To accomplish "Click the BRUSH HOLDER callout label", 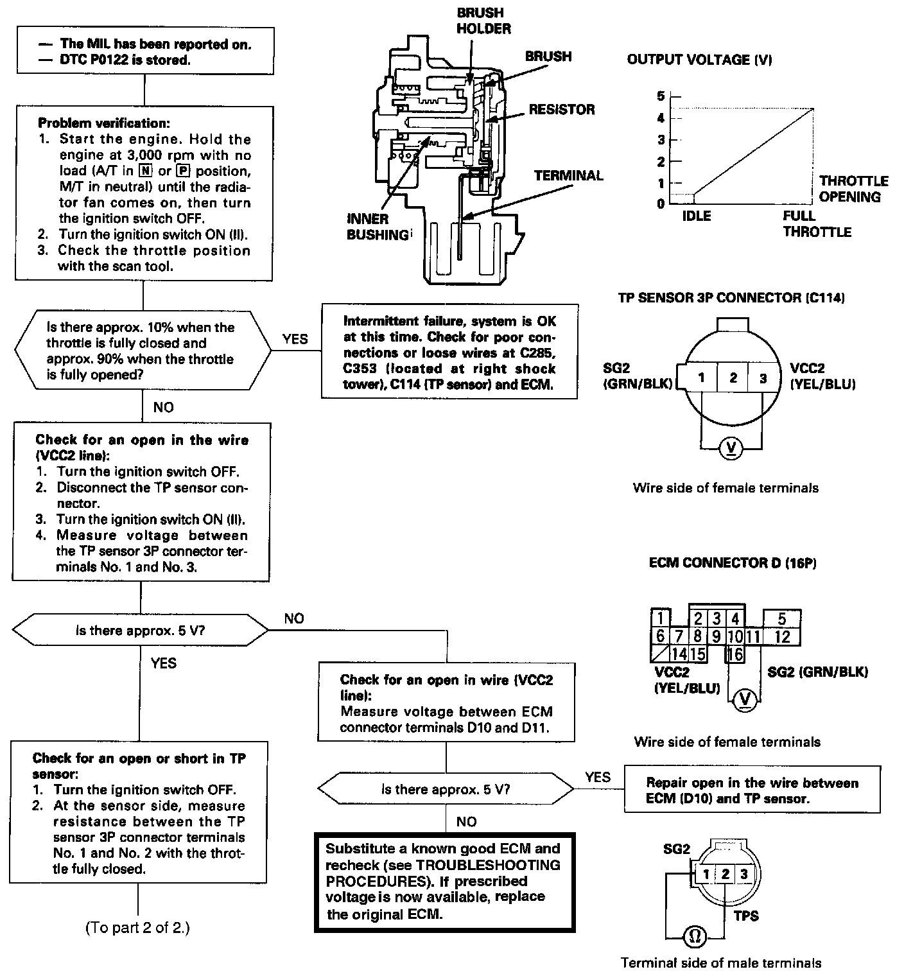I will (x=483, y=21).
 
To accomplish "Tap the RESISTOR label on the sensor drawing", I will (x=562, y=110).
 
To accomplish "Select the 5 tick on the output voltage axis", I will (x=660, y=96).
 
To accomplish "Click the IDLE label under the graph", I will (x=696, y=216).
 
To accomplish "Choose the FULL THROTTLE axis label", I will (x=816, y=223).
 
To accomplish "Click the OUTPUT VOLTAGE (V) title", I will (x=699, y=60).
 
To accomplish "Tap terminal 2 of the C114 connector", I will (x=733, y=378).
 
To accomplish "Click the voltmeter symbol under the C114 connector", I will (x=731, y=449).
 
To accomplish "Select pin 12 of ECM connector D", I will (x=781, y=636).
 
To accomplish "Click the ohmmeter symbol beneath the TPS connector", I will (x=694, y=937).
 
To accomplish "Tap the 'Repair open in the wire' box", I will (x=752, y=790).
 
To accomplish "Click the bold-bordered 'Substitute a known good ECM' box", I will (x=444, y=881).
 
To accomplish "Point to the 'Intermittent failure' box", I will (x=449, y=353).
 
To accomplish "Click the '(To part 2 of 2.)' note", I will (x=137, y=927).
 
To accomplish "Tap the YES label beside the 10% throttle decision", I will (x=295, y=339).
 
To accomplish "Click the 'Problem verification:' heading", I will (x=104, y=123).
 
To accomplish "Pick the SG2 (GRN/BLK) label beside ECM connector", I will (x=817, y=672).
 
